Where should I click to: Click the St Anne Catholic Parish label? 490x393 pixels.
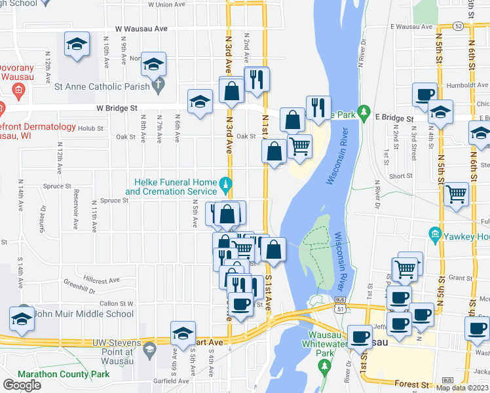point(103,85)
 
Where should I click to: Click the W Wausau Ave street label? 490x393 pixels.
point(141,29)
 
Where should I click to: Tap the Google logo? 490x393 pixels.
point(22,385)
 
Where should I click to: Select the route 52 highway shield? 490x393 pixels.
point(459,26)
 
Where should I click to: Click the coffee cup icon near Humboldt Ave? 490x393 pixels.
point(424,94)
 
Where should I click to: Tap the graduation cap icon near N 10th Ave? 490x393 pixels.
point(77,44)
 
